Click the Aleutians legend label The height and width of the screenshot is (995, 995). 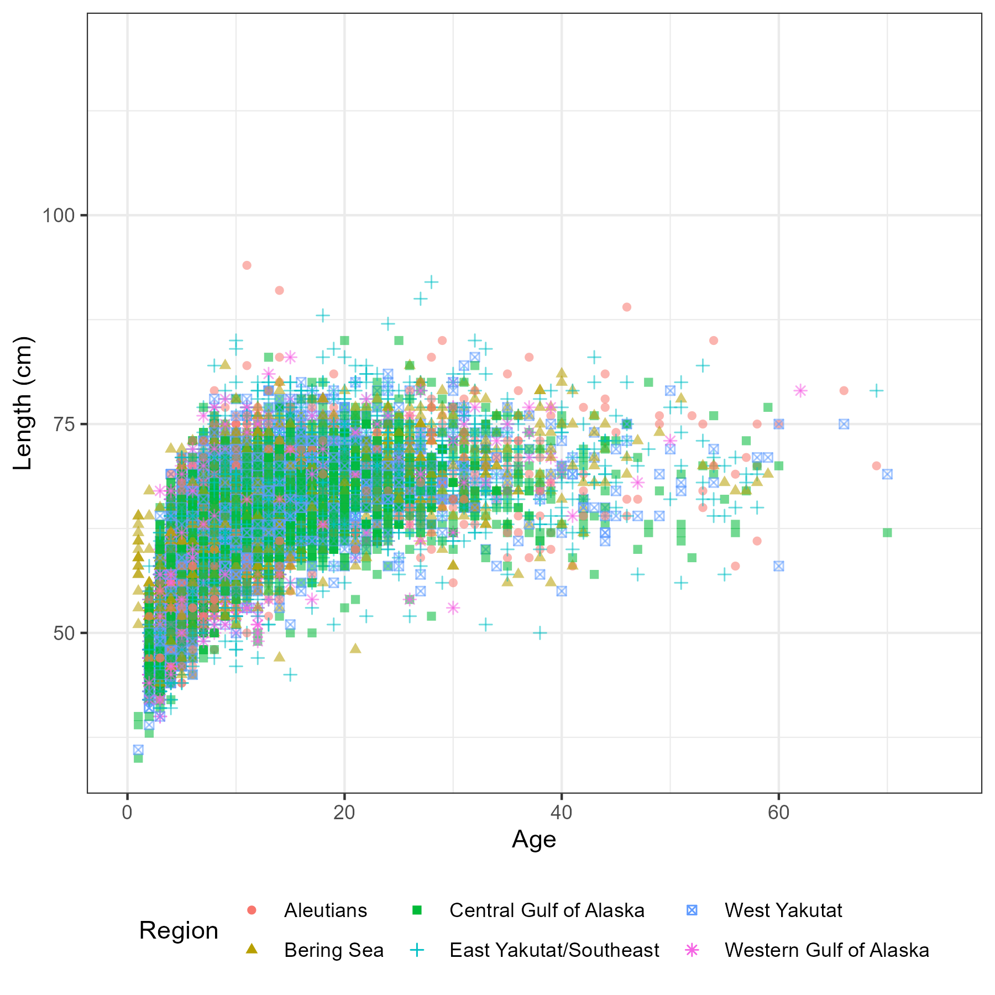(325, 910)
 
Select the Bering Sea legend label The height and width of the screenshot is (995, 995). (333, 950)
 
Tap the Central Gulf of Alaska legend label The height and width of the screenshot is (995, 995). (547, 910)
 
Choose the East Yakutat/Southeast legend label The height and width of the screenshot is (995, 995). (554, 950)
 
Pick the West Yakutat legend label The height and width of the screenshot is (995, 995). (783, 910)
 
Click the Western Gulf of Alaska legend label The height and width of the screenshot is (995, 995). (826, 950)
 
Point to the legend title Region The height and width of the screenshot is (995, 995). (179, 931)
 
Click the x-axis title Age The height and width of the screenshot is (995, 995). (534, 840)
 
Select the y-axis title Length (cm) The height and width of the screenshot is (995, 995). (23, 403)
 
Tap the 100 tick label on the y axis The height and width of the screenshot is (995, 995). (58, 215)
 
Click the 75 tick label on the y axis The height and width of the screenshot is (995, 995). (64, 424)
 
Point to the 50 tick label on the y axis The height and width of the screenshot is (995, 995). (64, 633)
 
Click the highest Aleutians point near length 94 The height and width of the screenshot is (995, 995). (247, 265)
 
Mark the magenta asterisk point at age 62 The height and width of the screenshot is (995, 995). (800, 391)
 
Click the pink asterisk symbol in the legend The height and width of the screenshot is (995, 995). (692, 950)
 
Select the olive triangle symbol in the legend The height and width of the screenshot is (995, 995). (252, 949)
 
